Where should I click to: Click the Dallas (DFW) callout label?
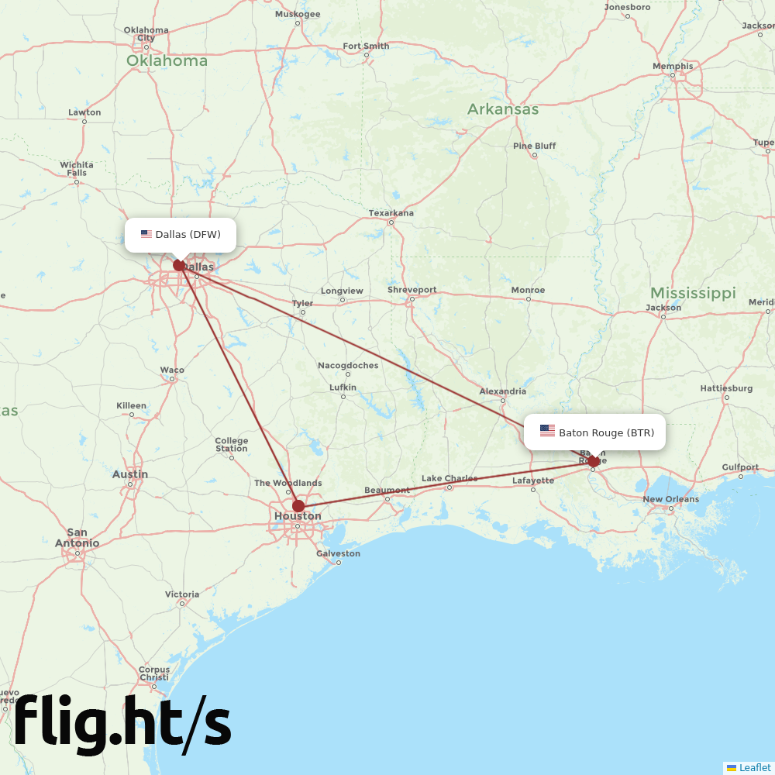pos(181,234)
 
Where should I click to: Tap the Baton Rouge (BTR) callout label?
pos(594,432)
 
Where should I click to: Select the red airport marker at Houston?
pos(298,506)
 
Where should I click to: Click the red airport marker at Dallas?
pos(179,265)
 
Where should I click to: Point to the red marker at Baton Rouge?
pos(593,461)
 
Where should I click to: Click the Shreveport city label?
pos(412,290)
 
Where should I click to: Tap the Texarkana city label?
pos(391,213)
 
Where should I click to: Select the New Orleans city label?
pos(670,499)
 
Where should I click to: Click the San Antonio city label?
pos(77,537)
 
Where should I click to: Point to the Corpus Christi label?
pos(154,673)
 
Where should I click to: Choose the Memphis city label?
pos(673,66)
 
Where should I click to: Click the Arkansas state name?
pos(502,109)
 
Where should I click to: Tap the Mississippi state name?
pos(692,293)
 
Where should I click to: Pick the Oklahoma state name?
pos(167,60)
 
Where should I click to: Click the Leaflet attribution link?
pos(754,767)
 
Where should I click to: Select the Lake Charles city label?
pos(449,478)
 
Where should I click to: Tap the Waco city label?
pos(172,370)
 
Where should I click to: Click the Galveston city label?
pos(338,553)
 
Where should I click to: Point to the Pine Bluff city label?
pos(534,146)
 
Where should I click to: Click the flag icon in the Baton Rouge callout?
pos(547,431)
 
